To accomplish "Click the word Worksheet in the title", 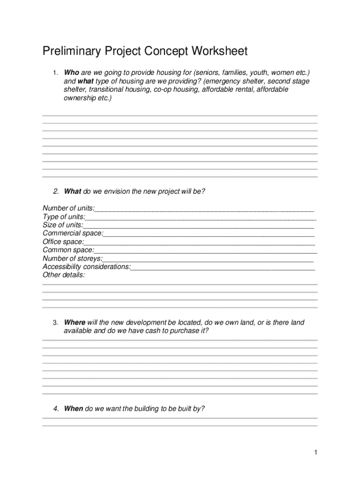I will [216, 51].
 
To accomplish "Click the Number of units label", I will [68, 208].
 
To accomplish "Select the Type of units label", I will [64, 216].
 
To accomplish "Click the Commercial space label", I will [73, 233].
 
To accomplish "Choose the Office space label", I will [63, 241].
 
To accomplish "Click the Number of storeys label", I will [72, 258].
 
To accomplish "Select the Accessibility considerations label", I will [86, 267].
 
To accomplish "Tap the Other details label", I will [64, 275].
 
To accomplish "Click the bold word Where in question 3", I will [74, 322].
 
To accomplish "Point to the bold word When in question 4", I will [73, 408].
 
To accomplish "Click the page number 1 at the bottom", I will [316, 452].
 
